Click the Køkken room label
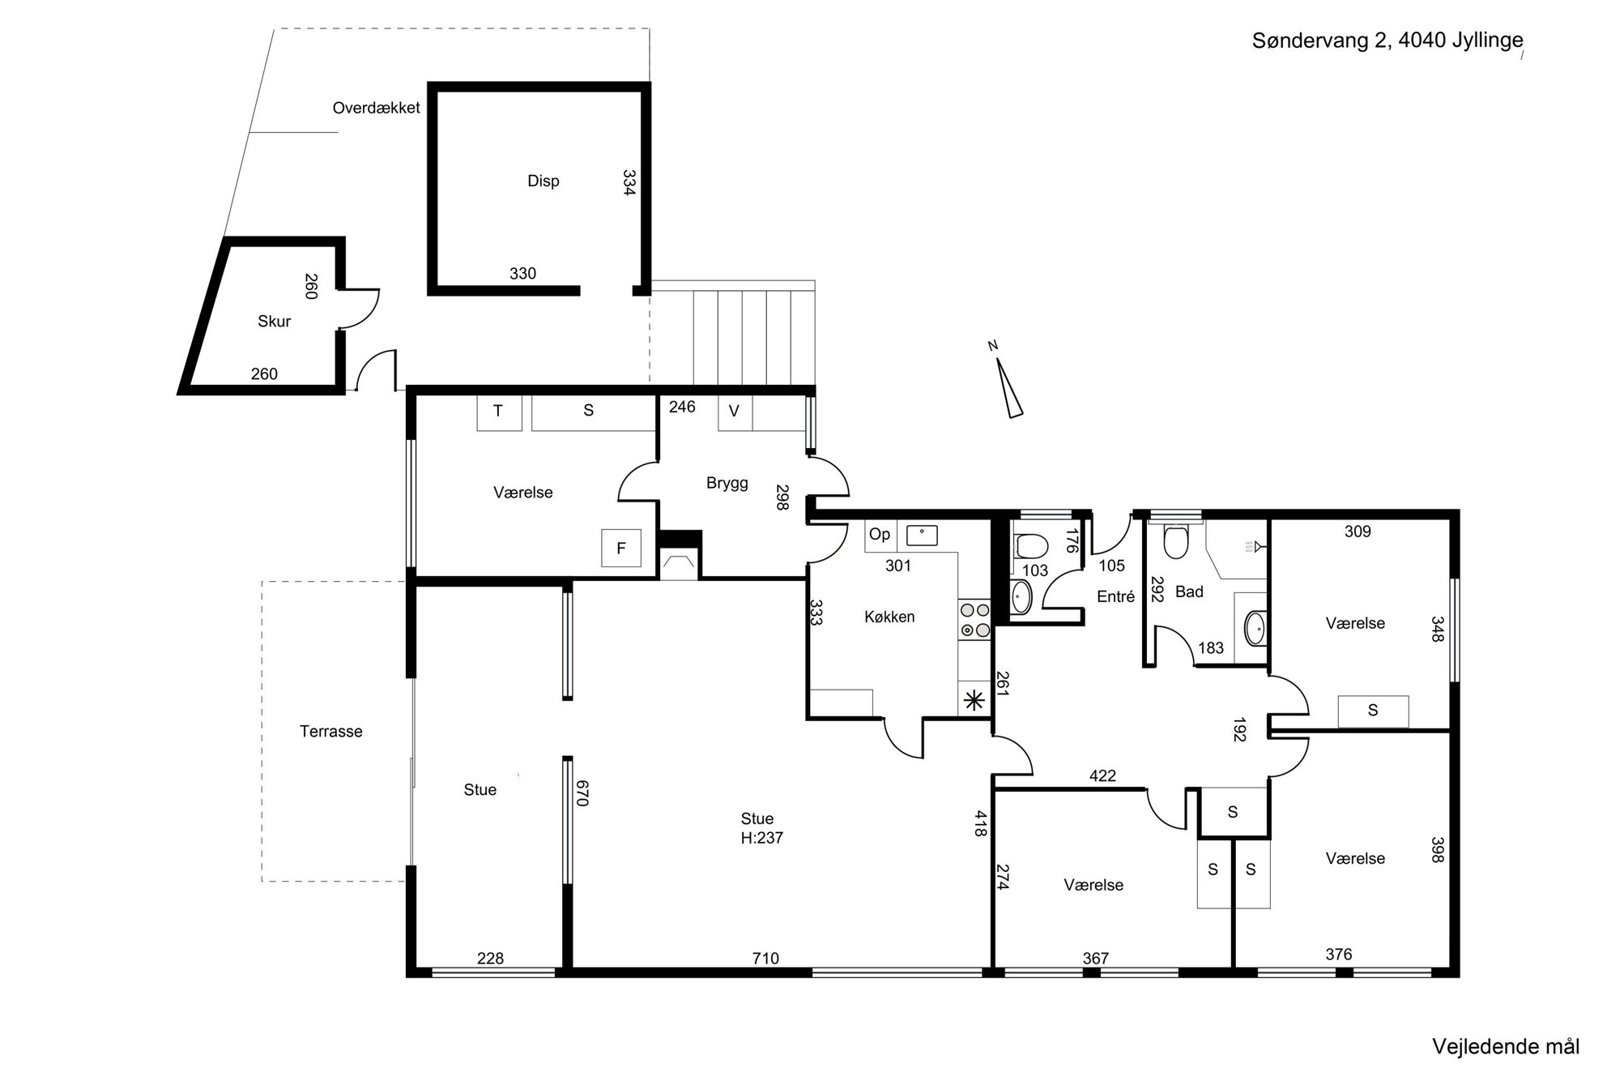[889, 617]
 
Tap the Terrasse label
[330, 731]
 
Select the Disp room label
[543, 181]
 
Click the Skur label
[274, 321]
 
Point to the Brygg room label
[727, 484]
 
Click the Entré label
[1116, 596]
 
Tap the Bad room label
[1189, 592]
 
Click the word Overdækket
[377, 108]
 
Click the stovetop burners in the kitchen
[974, 619]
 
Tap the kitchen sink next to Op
[922, 536]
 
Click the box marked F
[621, 549]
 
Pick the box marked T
[498, 411]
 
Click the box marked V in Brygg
[735, 412]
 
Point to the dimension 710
[765, 959]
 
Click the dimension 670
[582, 792]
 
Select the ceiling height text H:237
[761, 838]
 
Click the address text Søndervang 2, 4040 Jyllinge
[1387, 41]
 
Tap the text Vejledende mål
[1506, 1046]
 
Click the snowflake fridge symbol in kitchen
[974, 701]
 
